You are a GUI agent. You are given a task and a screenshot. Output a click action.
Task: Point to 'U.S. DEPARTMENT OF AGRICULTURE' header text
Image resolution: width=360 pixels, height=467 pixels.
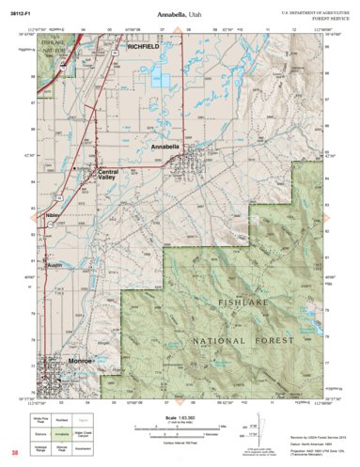tap(313, 10)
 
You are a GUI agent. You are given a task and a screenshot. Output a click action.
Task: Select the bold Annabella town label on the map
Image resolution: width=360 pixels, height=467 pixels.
tap(165, 148)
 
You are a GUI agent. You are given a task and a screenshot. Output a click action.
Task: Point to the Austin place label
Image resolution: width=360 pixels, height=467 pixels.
tap(54, 265)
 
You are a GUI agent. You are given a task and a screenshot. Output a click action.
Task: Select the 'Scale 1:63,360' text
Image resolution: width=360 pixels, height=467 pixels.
tap(180, 416)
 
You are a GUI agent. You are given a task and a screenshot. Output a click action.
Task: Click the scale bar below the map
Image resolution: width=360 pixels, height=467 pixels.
tap(180, 428)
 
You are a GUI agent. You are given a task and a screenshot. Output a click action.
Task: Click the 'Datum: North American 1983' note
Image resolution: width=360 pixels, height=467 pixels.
tap(312, 444)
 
